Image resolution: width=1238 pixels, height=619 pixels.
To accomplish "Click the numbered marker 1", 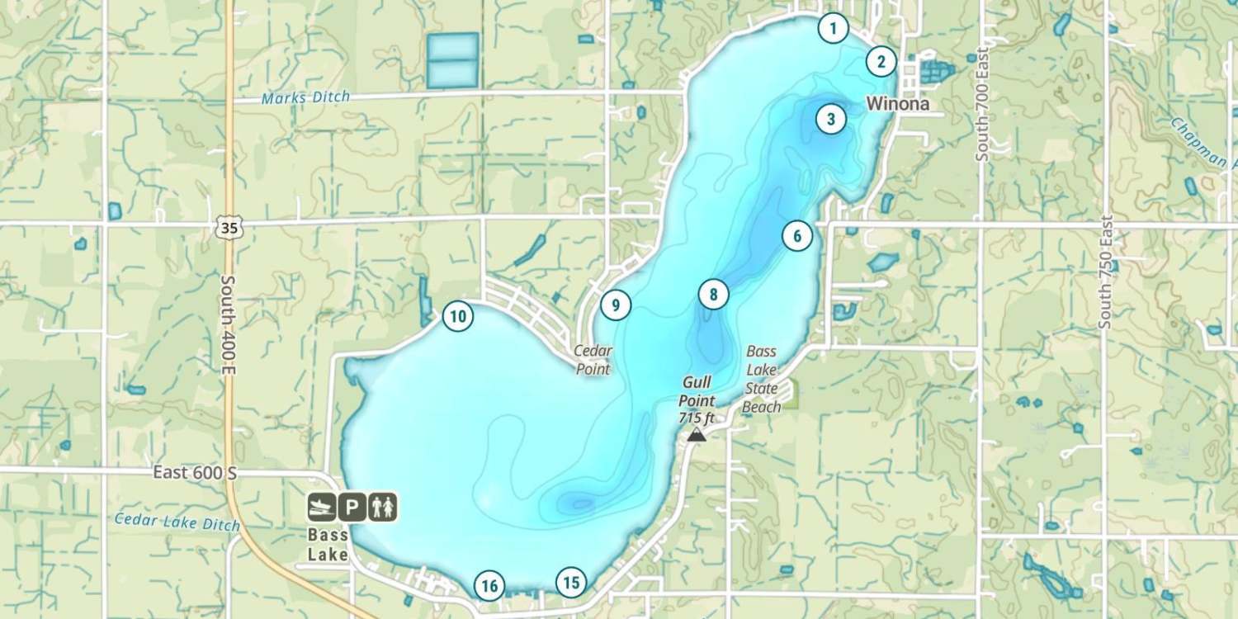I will coord(833,29).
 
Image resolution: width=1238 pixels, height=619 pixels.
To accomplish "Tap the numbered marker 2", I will coord(881,61).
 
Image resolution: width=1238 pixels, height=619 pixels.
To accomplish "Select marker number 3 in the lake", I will coord(830,119).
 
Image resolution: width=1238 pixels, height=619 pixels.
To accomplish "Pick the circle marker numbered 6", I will coord(796,236).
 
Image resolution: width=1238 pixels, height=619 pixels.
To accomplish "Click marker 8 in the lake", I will coord(713,294).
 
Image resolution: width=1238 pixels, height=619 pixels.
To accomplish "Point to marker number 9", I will coord(615,305).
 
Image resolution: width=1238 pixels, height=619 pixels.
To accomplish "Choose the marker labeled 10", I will coord(458,315).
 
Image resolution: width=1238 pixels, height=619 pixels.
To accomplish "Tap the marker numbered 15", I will coord(570,582).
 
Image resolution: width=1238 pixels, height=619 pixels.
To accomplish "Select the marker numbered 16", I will coord(489,586).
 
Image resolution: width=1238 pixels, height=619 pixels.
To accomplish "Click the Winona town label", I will coord(897,104).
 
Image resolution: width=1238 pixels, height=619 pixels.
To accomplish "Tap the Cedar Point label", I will coord(593,360).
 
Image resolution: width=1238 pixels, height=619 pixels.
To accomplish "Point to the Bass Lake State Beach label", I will coord(761,379).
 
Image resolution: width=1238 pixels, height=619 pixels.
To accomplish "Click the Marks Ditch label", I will coord(305,97).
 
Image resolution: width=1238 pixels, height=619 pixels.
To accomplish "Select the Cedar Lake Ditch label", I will coord(177,522).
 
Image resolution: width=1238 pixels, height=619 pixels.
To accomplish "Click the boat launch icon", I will coord(322,507).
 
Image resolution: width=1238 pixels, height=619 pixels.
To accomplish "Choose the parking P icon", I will coord(352,507).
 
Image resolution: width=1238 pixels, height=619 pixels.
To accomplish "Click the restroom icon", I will coord(383,507).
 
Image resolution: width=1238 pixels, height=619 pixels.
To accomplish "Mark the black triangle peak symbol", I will coord(697,434).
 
